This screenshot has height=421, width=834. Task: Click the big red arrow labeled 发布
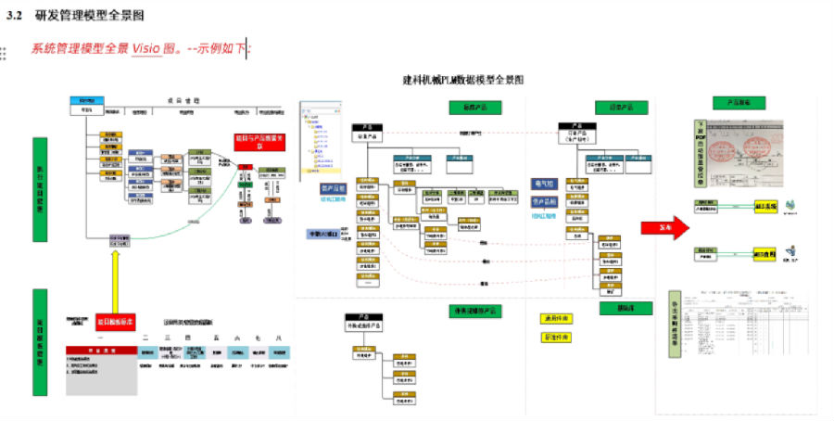click(x=663, y=227)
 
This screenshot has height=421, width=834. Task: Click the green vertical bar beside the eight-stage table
click(x=40, y=342)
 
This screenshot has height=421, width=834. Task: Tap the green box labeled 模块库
click(x=608, y=308)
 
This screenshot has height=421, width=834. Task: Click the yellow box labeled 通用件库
click(x=554, y=319)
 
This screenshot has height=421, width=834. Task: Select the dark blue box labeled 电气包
click(x=543, y=184)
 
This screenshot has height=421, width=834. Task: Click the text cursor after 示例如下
click(x=246, y=48)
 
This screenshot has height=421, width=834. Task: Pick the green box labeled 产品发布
click(x=738, y=103)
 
